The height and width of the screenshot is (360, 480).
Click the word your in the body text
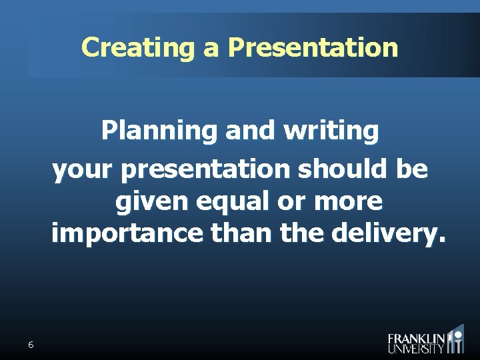(84, 171)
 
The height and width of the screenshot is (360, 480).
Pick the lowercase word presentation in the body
(205, 171)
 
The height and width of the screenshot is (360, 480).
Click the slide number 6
(31, 345)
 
